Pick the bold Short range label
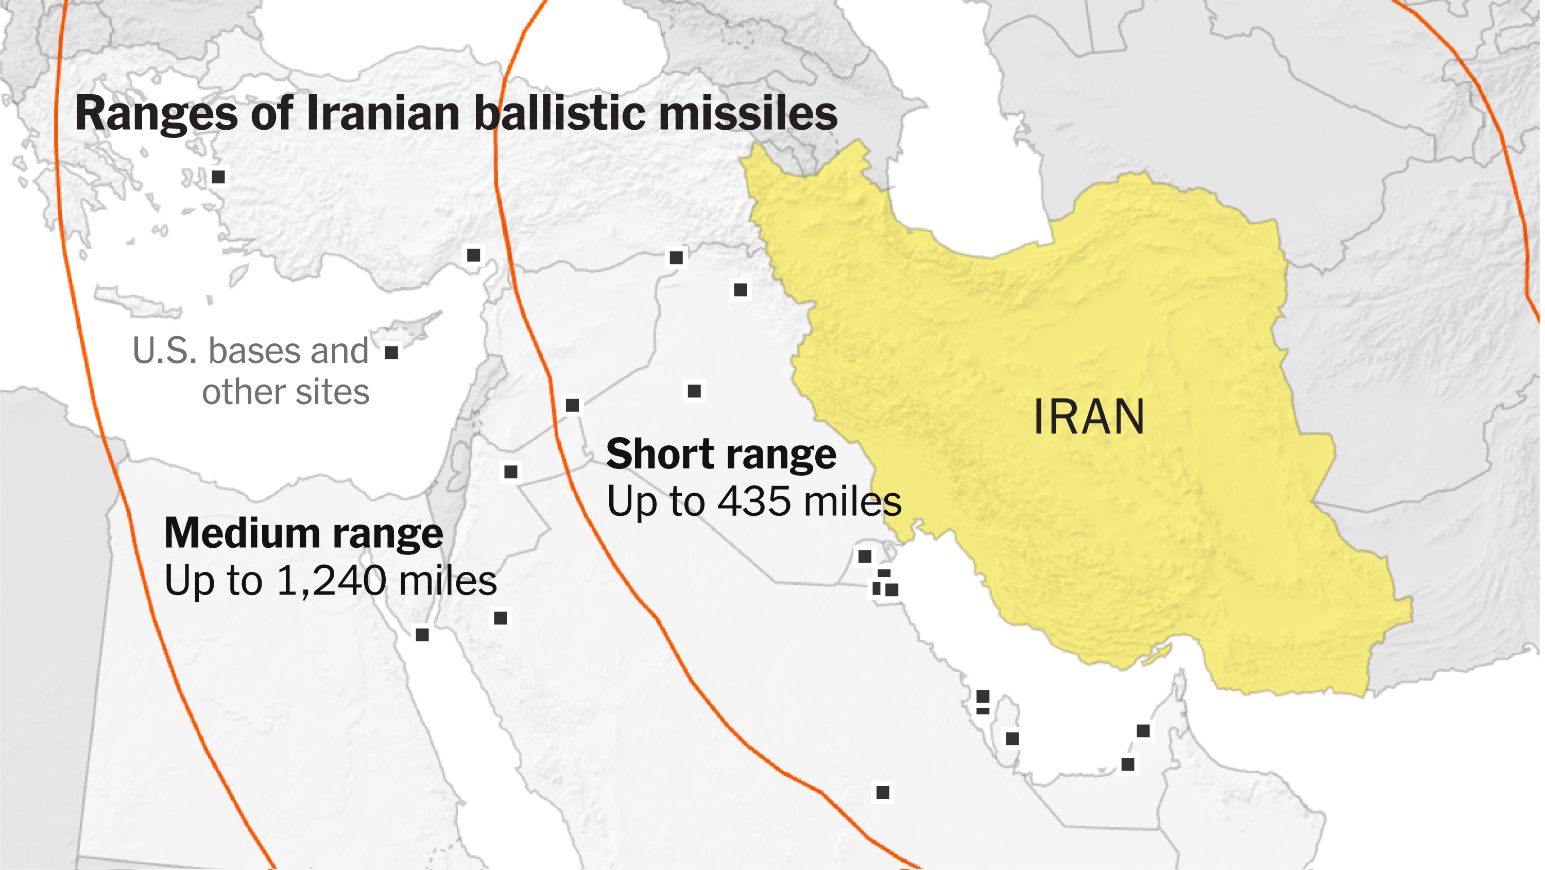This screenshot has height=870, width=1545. point(721,454)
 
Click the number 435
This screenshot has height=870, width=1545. point(754,501)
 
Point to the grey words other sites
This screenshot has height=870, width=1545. point(285,392)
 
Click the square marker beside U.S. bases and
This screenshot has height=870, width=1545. point(391,353)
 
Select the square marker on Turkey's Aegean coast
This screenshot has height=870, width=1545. point(218,177)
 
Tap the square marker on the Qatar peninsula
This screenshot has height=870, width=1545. point(1012,738)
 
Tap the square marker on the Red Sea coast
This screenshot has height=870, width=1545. point(422,634)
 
